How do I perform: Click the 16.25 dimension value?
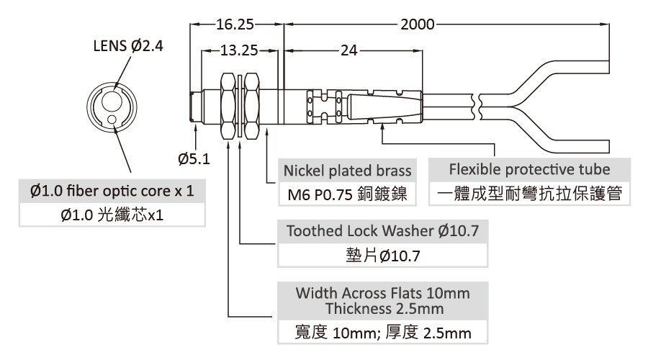235,24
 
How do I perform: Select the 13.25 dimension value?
239,50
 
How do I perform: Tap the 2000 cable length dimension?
418,24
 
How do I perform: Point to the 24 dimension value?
348,50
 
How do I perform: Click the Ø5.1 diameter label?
194,158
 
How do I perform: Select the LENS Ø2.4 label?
128,45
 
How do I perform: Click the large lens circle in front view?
112,102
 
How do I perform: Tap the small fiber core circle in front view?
112,120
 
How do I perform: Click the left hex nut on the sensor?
228,107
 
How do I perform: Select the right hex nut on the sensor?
252,107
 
